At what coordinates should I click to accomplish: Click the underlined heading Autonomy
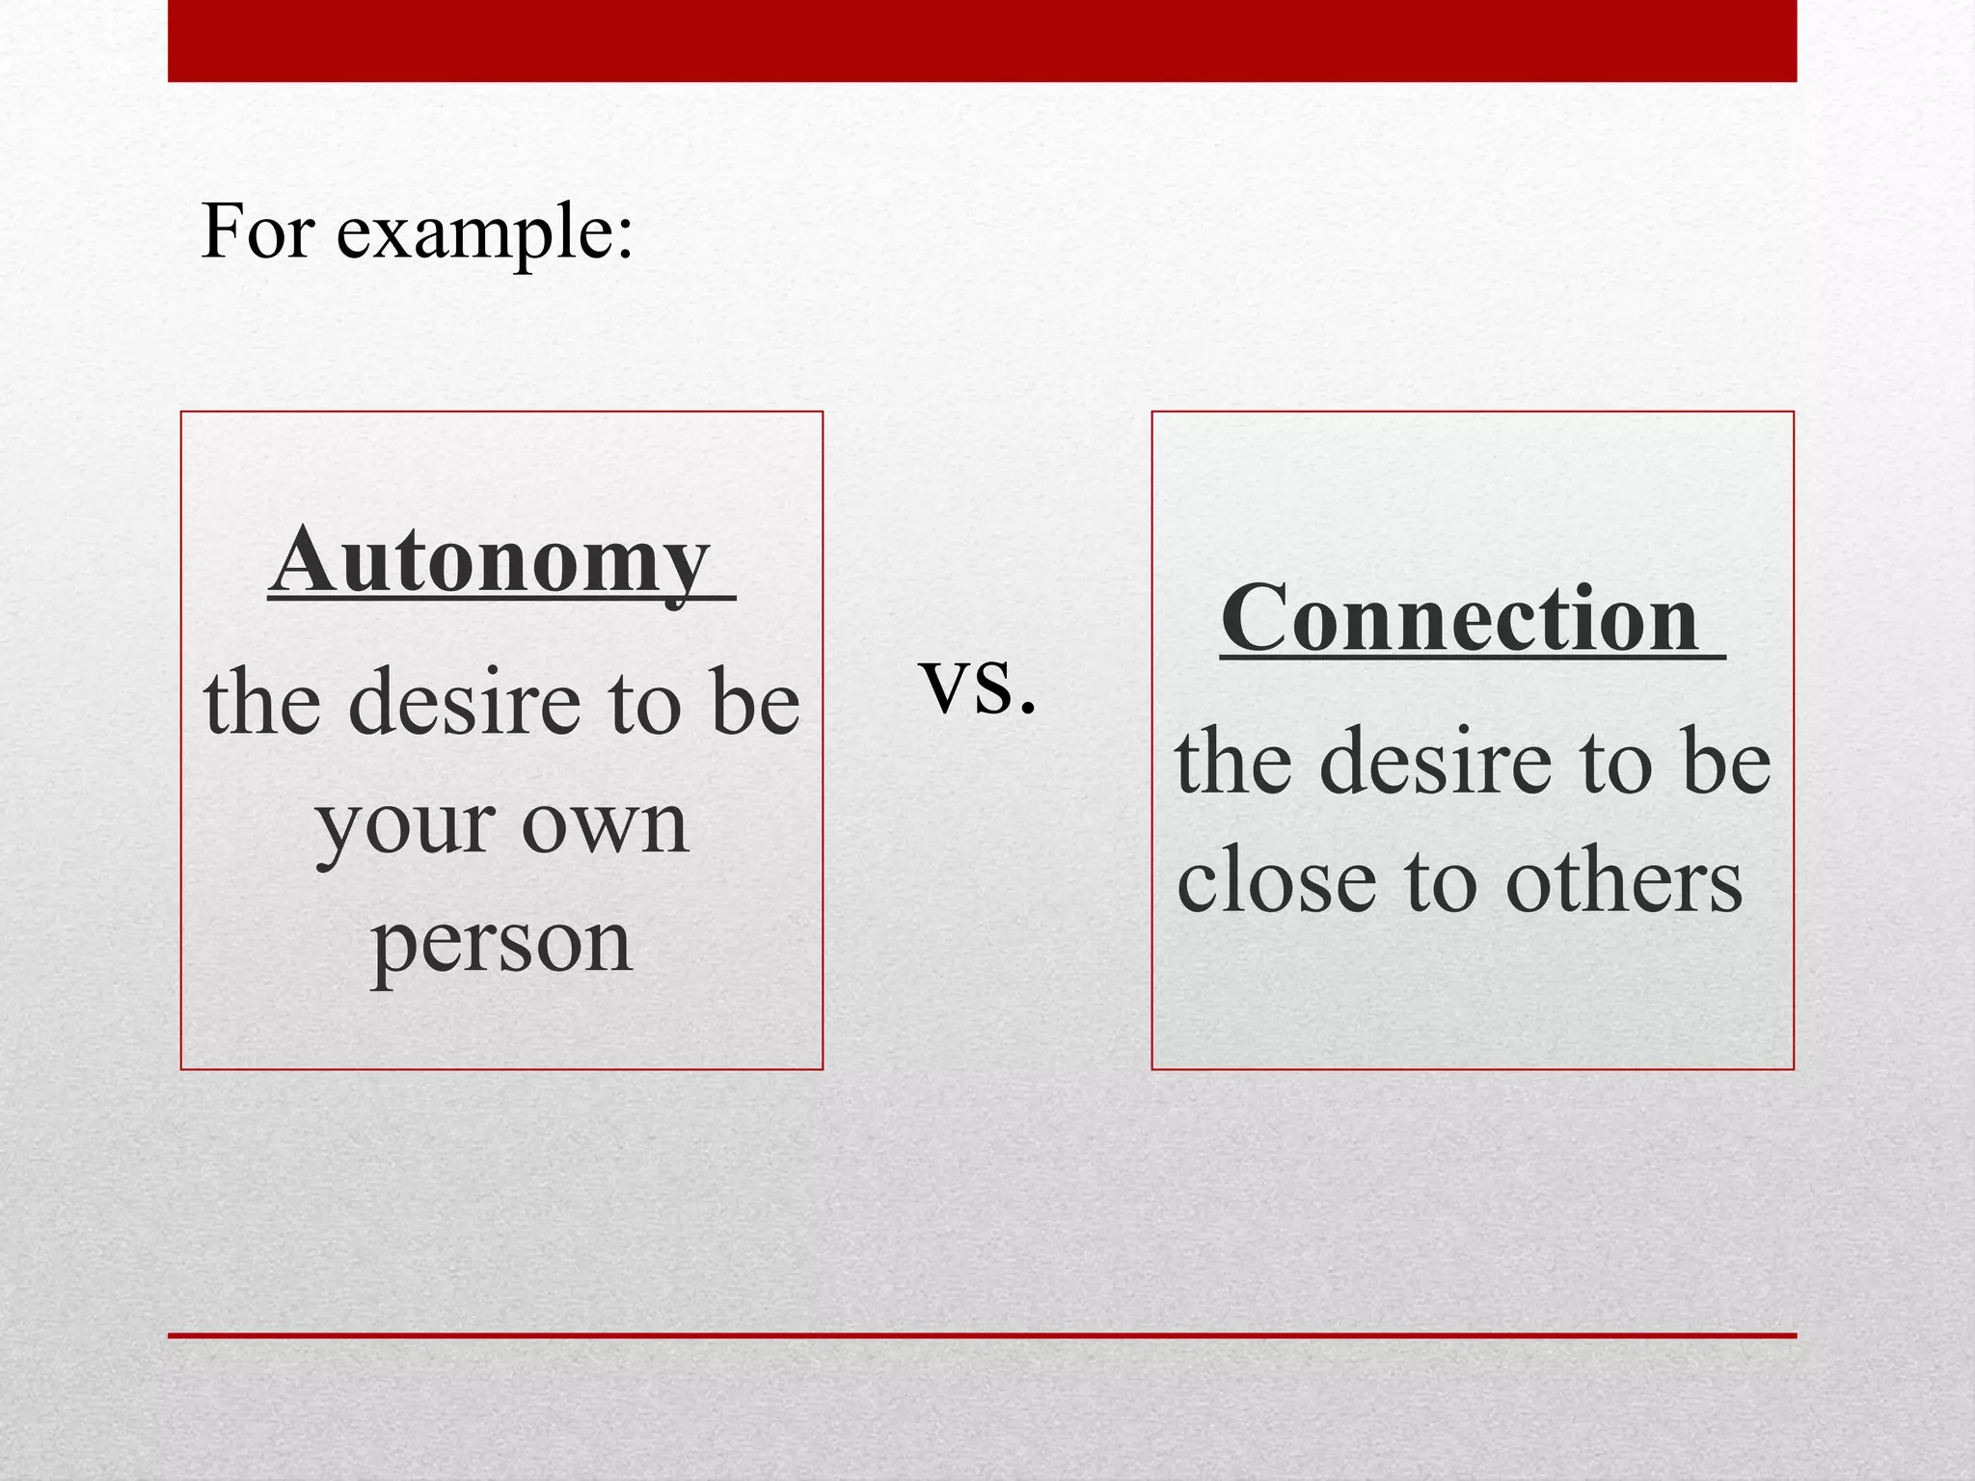(492, 561)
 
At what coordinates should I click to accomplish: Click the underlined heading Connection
(1460, 620)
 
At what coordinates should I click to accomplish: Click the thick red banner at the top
(982, 40)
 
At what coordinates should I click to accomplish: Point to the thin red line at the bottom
(982, 1335)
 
